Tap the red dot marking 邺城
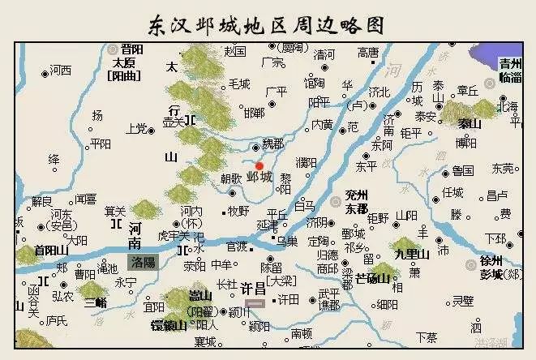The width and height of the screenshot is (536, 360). click(x=259, y=165)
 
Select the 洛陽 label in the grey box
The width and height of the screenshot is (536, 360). click(x=143, y=263)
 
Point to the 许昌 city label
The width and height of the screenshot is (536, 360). click(x=254, y=288)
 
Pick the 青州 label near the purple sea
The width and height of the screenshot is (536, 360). click(x=510, y=63)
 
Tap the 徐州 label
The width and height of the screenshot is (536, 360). click(x=491, y=260)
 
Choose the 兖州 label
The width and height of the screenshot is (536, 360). click(x=355, y=195)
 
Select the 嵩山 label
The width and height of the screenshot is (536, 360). click(x=199, y=294)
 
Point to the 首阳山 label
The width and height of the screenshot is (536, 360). click(x=52, y=251)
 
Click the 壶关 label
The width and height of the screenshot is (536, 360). click(x=174, y=122)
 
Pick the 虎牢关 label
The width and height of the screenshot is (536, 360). click(x=172, y=235)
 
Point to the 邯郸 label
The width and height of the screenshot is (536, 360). click(x=254, y=112)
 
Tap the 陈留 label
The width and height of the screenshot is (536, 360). click(x=272, y=267)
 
